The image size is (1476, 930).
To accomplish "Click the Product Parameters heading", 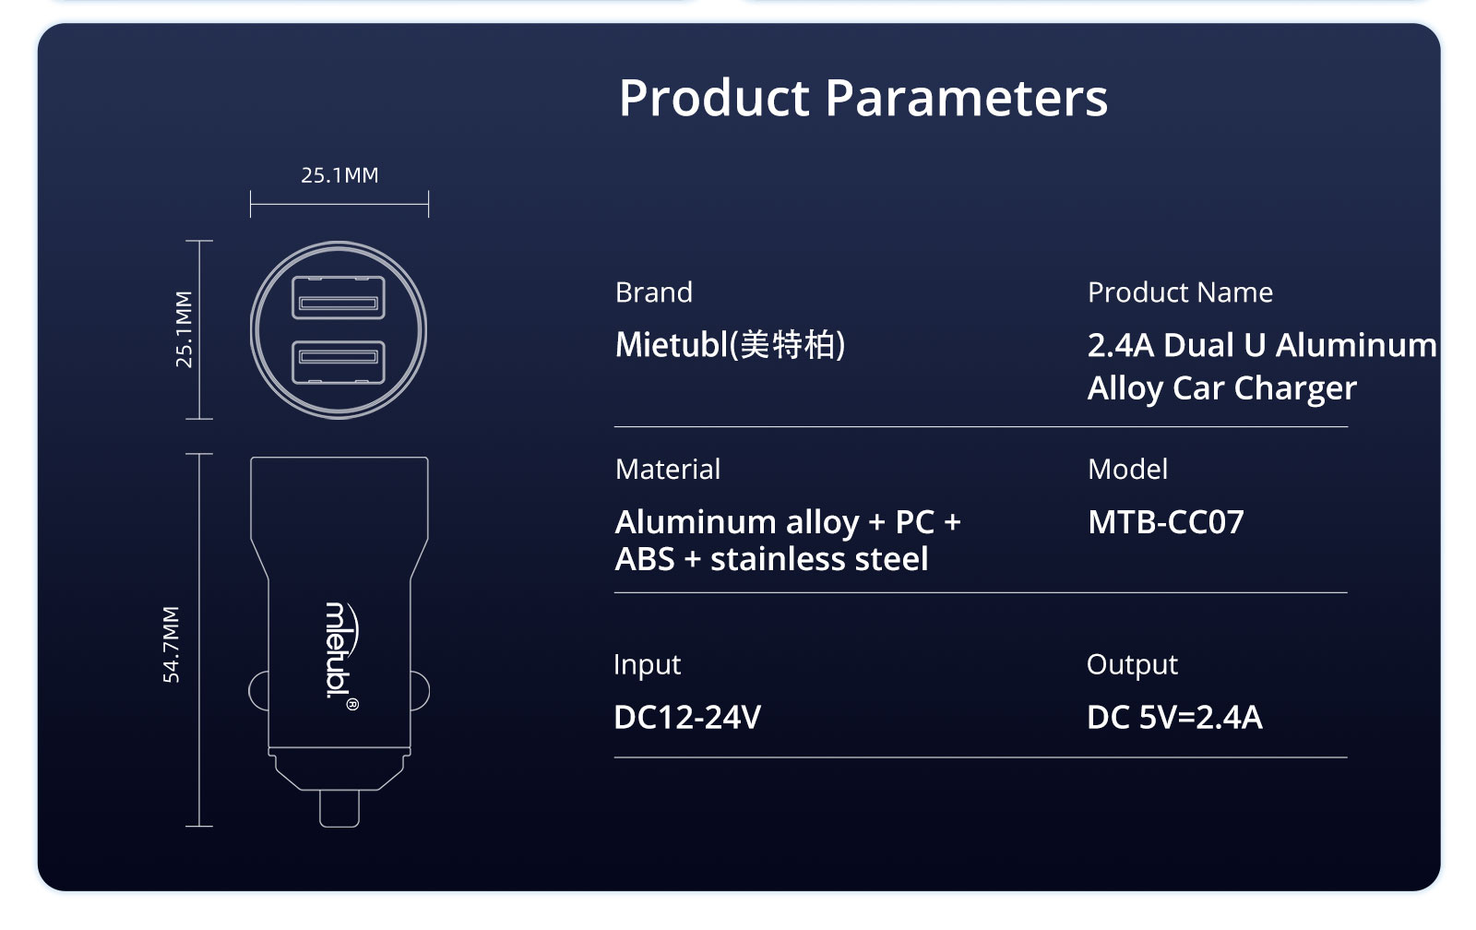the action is click(863, 98).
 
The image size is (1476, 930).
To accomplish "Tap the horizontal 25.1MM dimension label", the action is click(339, 175).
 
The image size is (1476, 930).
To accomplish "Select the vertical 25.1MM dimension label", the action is click(184, 328).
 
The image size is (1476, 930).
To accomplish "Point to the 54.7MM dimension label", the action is click(171, 645).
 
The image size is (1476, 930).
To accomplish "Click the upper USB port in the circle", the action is click(339, 298).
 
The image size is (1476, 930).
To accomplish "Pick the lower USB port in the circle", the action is click(339, 362).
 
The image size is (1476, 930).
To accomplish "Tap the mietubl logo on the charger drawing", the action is click(342, 657).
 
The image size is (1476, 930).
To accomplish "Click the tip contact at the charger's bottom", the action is click(339, 808).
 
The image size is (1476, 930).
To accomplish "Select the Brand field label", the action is click(654, 292).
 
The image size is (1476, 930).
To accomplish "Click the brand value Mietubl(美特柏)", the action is click(730, 345).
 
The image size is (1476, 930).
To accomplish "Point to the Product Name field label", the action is click(1180, 292).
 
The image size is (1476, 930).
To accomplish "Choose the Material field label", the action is click(668, 470).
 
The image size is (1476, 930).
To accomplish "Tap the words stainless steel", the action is click(819, 559).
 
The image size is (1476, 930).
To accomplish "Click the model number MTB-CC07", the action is click(1166, 522).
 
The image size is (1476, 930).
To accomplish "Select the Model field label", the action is click(1127, 470).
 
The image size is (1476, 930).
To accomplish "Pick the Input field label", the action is click(647, 665).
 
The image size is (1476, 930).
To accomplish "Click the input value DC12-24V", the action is click(687, 717).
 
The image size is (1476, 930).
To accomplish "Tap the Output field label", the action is click(1132, 664).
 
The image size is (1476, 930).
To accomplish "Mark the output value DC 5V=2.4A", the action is click(1175, 717).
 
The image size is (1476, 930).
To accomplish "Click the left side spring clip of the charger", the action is click(257, 691).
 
